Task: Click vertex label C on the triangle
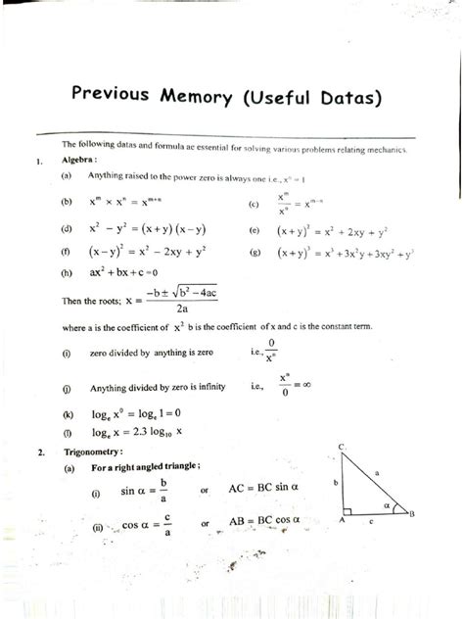point(340,448)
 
